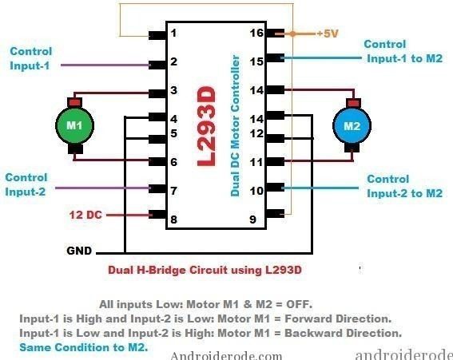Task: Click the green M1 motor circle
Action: coord(74,125)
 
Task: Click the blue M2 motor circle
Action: coord(352,126)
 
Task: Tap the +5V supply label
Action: coord(328,34)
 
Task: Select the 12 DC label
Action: coord(85,215)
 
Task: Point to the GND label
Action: coord(79,251)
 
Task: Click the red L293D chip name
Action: coord(207,126)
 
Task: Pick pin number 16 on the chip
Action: coord(256,33)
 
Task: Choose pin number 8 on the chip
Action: coord(173,220)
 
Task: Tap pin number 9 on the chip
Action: coord(252,220)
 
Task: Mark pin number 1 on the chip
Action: coord(173,33)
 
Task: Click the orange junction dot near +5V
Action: coord(292,34)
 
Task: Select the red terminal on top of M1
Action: coord(75,102)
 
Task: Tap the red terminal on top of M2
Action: coord(353,103)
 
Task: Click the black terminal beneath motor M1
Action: coord(75,149)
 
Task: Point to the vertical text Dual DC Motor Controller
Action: coord(235,126)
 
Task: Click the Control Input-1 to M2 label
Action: coord(403,51)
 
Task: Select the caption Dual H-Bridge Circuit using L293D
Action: coord(205,270)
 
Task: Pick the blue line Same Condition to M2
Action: coord(84,347)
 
